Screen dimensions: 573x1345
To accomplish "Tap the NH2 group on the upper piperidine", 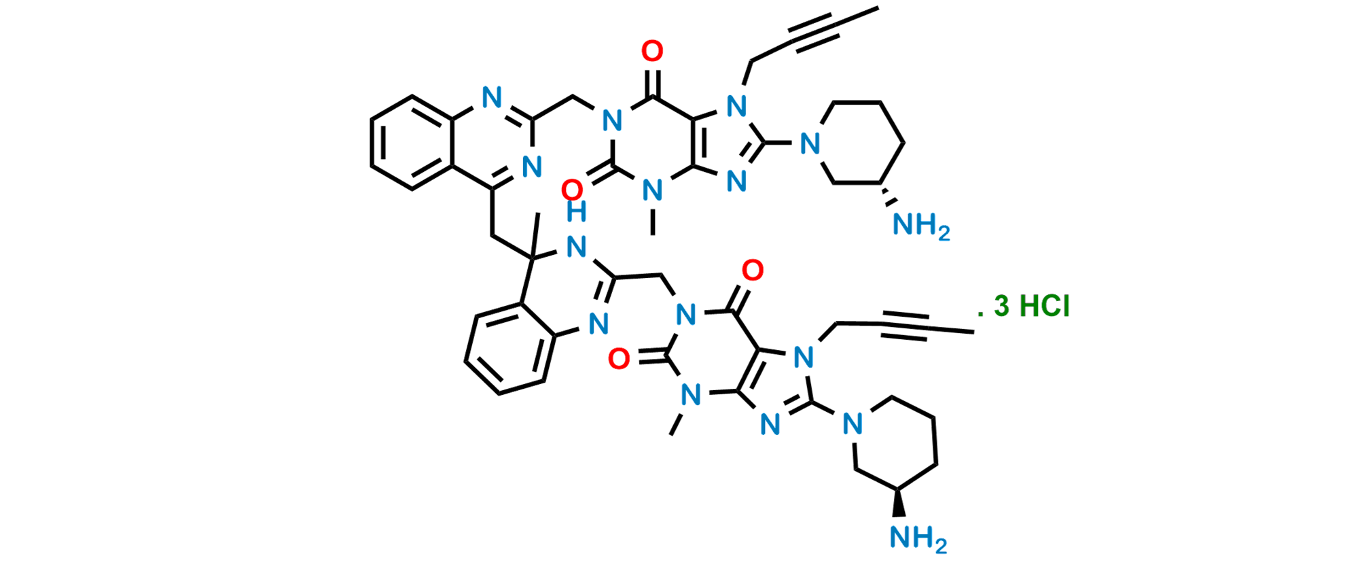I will [x=921, y=225].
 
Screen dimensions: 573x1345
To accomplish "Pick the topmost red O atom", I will [x=653, y=51].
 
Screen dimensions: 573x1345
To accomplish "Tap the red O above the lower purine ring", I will [x=752, y=271].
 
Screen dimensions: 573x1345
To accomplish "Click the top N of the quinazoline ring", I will [x=493, y=100].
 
